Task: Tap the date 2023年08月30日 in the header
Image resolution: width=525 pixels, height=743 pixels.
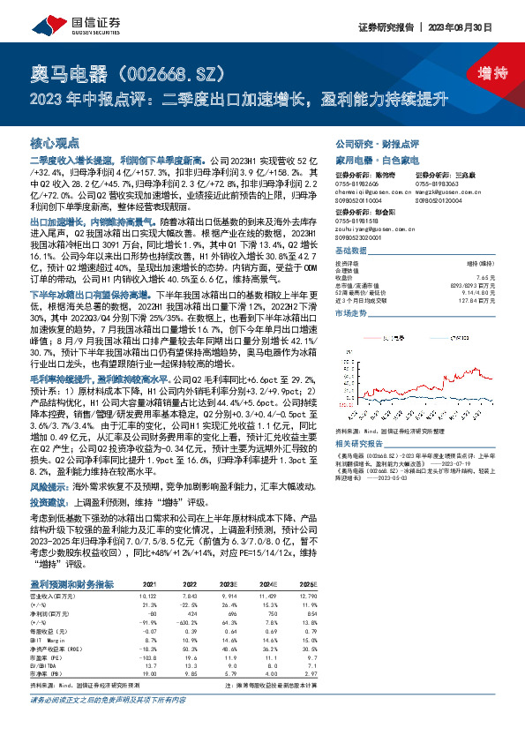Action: (474, 27)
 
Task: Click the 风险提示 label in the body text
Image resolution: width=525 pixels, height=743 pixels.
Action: (50, 486)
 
